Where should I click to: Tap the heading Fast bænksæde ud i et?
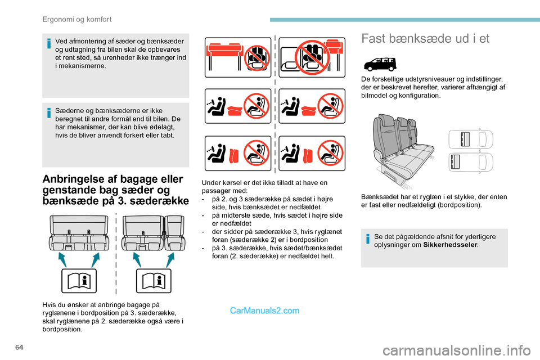pyautogui.click(x=426, y=39)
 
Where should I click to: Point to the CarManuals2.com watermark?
pyautogui.click(x=265, y=310)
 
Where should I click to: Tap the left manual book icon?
pyautogui.click(x=78, y=281)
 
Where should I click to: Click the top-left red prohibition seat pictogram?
pyautogui.click(x=238, y=57)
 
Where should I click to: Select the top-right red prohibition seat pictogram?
pyautogui.click(x=312, y=57)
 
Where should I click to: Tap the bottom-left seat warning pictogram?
pyautogui.click(x=238, y=153)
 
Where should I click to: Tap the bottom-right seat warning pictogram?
pyautogui.click(x=312, y=153)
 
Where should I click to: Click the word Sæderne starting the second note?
pyautogui.click(x=64, y=111)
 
